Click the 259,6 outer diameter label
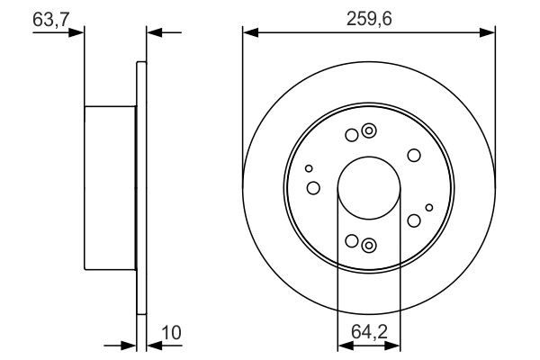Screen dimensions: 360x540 click(x=368, y=16)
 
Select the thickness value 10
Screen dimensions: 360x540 click(x=171, y=333)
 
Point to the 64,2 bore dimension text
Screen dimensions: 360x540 click(x=367, y=333)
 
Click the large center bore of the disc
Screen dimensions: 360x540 click(x=368, y=189)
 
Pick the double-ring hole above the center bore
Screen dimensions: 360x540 click(x=368, y=133)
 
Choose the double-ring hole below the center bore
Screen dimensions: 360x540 click(x=368, y=244)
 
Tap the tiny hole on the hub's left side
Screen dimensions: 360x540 click(x=309, y=168)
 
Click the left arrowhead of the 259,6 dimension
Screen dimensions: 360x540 click(x=249, y=32)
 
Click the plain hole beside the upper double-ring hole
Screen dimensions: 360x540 click(x=351, y=136)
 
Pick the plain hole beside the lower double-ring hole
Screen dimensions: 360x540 click(x=351, y=241)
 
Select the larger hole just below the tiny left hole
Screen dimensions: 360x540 click(x=313, y=187)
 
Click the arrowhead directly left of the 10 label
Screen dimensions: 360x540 click(x=152, y=345)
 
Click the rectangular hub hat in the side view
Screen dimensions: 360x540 click(x=110, y=188)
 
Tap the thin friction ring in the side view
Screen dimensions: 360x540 click(x=140, y=189)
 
